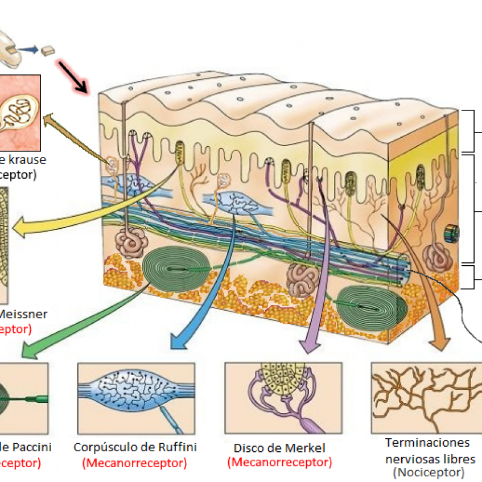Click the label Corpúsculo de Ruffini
click(x=135, y=447)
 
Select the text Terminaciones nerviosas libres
click(x=427, y=451)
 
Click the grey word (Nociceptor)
click(x=428, y=472)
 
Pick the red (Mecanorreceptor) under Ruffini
click(x=135, y=463)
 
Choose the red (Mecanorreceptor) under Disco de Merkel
click(x=279, y=462)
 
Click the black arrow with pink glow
click(x=74, y=77)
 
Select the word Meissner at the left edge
click(x=23, y=314)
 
